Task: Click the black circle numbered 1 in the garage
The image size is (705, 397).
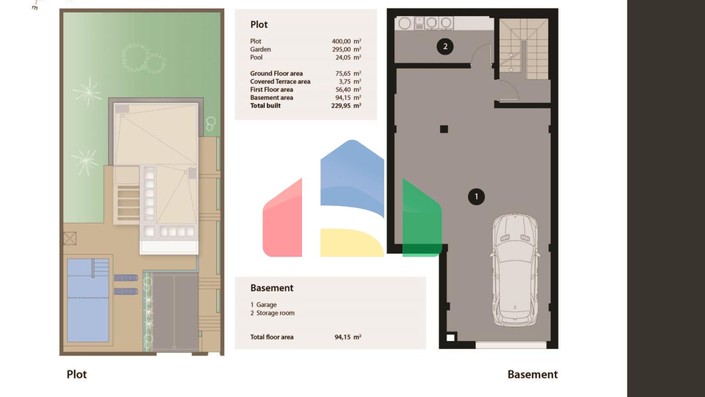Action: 476,197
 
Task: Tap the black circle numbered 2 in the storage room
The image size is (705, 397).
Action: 445,46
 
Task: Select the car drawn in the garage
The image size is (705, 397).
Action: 515,270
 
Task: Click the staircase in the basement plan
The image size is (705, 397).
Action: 524,49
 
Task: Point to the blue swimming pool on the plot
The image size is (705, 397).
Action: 88,300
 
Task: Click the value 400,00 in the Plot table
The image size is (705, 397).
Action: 341,41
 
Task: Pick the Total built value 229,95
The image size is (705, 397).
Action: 341,106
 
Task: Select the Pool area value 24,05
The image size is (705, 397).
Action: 343,57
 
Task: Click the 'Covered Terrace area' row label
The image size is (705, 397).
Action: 280,81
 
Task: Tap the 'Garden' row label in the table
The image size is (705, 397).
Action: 260,49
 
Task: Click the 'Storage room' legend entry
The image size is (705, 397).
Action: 275,313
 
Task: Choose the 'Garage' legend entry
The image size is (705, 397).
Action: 266,305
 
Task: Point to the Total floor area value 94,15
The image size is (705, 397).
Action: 342,337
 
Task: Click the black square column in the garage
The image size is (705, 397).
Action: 444,129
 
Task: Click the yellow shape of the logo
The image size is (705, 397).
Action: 352,243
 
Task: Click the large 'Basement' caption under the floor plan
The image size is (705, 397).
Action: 532,374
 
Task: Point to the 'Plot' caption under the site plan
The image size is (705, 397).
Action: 77,374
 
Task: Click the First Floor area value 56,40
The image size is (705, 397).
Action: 343,90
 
